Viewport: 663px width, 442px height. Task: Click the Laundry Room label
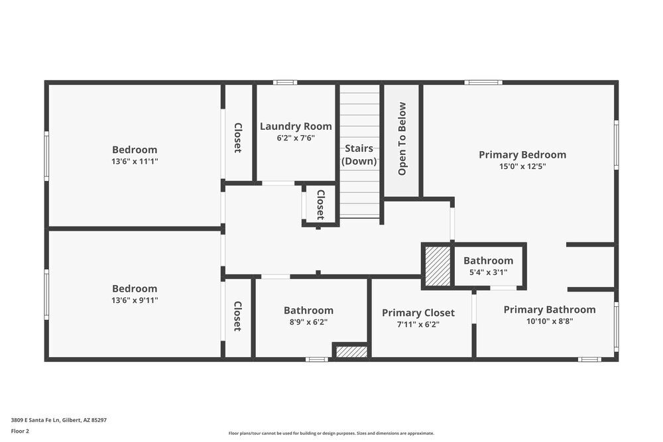tap(296, 127)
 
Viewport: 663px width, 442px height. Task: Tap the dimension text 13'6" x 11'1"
tap(135, 161)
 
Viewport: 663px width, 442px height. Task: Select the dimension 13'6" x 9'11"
tap(135, 300)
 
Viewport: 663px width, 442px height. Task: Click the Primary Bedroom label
tap(522, 155)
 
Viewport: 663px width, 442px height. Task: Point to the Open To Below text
tap(402, 139)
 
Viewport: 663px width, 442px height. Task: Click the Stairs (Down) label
tap(359, 155)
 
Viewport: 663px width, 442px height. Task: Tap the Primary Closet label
tap(418, 313)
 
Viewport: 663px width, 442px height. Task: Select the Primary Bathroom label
tap(549, 309)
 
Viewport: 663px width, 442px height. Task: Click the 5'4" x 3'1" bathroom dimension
tap(488, 272)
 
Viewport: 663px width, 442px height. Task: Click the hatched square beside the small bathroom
tap(437, 266)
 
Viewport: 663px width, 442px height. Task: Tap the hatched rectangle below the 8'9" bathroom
tap(351, 352)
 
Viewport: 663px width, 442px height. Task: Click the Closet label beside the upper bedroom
tap(237, 138)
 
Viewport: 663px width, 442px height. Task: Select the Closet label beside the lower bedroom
tap(237, 316)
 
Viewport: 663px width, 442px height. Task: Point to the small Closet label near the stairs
tap(320, 205)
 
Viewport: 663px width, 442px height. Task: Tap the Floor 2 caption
tap(20, 431)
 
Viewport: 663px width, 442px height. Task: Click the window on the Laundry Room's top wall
tap(285, 82)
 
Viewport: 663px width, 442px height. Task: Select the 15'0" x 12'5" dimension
tap(522, 167)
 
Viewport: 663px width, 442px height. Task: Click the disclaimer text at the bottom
tap(331, 433)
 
